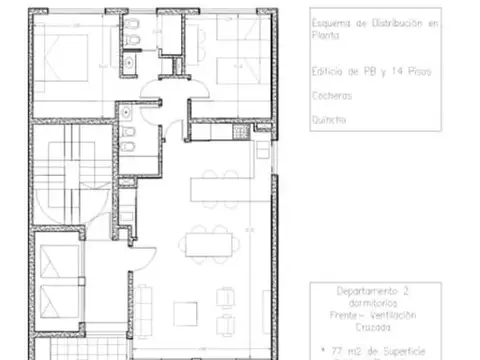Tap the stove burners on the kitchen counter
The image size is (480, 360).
[239, 132]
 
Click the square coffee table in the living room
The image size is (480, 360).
[186, 314]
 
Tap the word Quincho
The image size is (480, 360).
[329, 120]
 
